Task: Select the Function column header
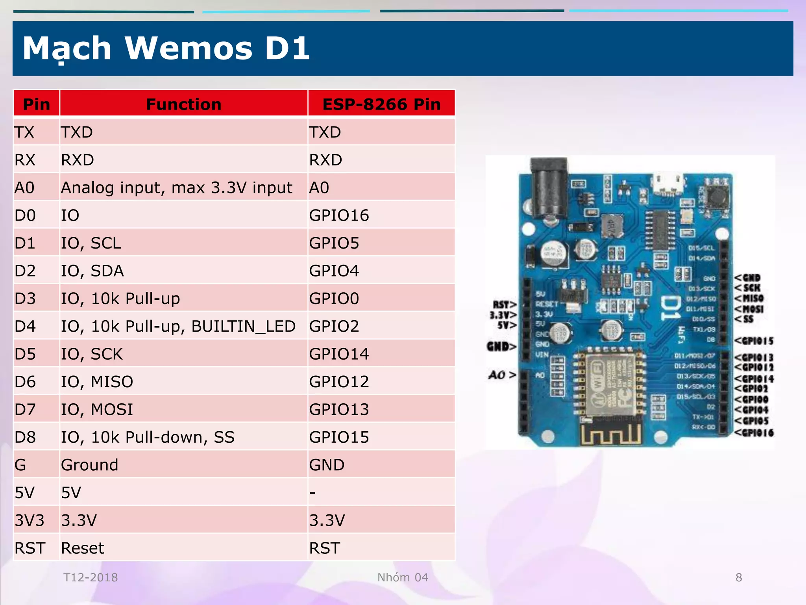(x=183, y=104)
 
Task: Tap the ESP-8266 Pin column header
(x=381, y=104)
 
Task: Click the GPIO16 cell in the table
(x=339, y=215)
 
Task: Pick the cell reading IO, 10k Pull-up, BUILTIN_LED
(x=178, y=326)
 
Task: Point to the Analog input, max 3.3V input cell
(x=176, y=187)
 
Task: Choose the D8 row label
(x=25, y=437)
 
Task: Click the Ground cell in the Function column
(x=89, y=465)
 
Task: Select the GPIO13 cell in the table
(x=339, y=409)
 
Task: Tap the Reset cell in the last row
(x=83, y=548)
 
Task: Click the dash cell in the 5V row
(x=312, y=492)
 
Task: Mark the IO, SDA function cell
(x=92, y=271)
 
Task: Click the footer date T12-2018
(x=91, y=577)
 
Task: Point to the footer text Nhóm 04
(x=403, y=577)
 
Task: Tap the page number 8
(x=739, y=577)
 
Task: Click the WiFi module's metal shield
(x=610, y=384)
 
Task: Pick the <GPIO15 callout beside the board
(x=754, y=341)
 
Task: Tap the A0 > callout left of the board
(x=502, y=375)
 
